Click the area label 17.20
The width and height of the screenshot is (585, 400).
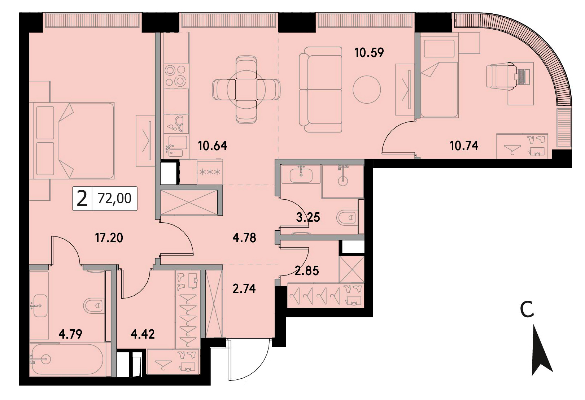point(109,238)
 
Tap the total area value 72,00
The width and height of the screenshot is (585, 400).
point(114,199)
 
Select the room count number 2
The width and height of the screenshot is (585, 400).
point(82,199)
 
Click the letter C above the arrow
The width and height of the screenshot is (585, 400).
point(527,309)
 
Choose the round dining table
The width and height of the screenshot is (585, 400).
point(246,90)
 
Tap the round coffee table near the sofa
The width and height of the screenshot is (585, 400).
point(366,90)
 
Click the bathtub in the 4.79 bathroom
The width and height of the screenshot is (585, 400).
point(66,360)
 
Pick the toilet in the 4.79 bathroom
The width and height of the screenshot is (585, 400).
point(93,305)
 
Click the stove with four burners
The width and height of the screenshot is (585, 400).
point(176,76)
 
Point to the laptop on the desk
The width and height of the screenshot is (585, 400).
point(522,77)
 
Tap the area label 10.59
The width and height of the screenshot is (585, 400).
point(369,52)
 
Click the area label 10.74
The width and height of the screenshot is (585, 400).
point(464,146)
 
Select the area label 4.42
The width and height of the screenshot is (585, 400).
point(143,334)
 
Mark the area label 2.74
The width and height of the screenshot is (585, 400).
point(244,289)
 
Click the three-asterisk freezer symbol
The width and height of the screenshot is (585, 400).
point(210,172)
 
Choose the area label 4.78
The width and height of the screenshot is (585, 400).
point(244,238)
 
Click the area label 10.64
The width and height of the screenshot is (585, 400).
point(212,146)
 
